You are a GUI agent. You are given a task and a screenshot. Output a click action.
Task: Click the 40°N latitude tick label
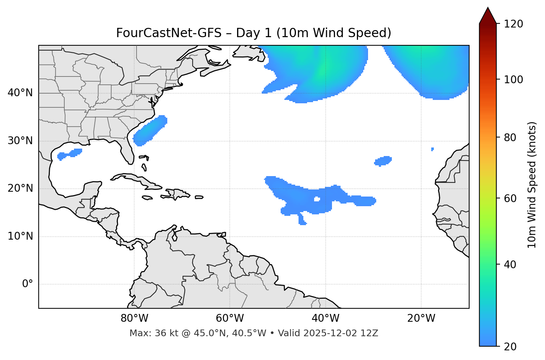point(20,93)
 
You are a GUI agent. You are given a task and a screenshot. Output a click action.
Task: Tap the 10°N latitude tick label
point(20,236)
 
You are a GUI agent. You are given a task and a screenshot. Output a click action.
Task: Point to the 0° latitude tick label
point(28,284)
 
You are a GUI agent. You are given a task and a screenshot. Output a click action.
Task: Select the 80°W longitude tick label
point(134,318)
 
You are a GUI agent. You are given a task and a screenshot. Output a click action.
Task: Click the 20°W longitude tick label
point(421,318)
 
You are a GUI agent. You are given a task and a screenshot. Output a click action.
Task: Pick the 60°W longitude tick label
point(230,318)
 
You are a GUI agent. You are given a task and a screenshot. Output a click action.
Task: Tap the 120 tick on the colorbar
point(514,24)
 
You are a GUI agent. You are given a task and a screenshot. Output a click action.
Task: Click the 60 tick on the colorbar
point(511,198)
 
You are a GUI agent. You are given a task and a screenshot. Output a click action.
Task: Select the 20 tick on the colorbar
point(511,347)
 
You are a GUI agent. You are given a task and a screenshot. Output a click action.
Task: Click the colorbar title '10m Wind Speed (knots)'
point(532,185)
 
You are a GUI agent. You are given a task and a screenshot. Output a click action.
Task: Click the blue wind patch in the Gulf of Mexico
point(70,153)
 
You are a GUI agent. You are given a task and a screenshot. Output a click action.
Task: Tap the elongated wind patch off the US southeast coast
point(150,130)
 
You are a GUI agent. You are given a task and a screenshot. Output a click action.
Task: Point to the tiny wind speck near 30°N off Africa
point(432,149)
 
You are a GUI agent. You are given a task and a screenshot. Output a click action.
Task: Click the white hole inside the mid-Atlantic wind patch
point(317,199)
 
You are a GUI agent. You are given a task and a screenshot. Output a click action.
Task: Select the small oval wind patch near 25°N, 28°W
point(383,161)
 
